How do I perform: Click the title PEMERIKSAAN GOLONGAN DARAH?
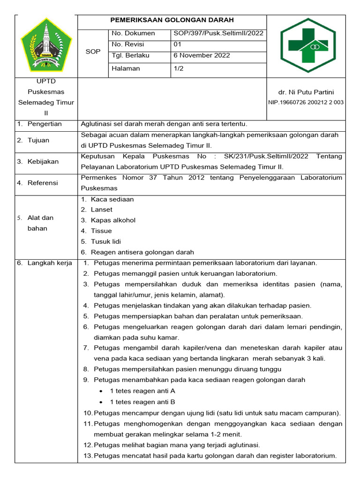(x=172, y=20)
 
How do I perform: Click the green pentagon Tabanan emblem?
(x=46, y=45)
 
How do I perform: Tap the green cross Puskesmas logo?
(x=307, y=45)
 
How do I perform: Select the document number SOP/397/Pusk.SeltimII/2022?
(x=218, y=33)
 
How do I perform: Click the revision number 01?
(x=177, y=44)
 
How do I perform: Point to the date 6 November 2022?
(x=202, y=55)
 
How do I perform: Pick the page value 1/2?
(x=178, y=68)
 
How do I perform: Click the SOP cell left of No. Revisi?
(x=93, y=52)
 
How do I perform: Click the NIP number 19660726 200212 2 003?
(x=306, y=102)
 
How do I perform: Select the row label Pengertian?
(x=45, y=124)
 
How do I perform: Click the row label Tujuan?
(x=38, y=140)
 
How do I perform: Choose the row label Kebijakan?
(x=43, y=162)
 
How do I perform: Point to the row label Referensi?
(x=43, y=183)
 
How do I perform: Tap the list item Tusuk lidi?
(x=106, y=241)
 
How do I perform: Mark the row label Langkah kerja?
(x=49, y=263)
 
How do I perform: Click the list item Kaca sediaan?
(x=112, y=199)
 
